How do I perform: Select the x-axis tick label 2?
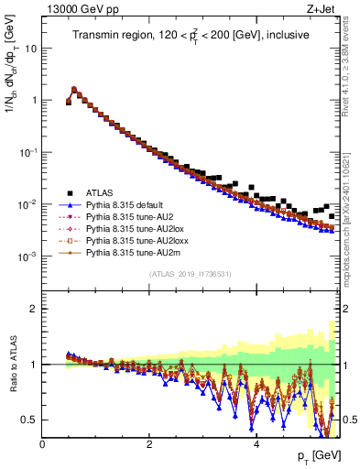point(149,444)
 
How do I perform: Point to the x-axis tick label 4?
point(256,444)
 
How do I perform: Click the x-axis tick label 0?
point(43,444)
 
